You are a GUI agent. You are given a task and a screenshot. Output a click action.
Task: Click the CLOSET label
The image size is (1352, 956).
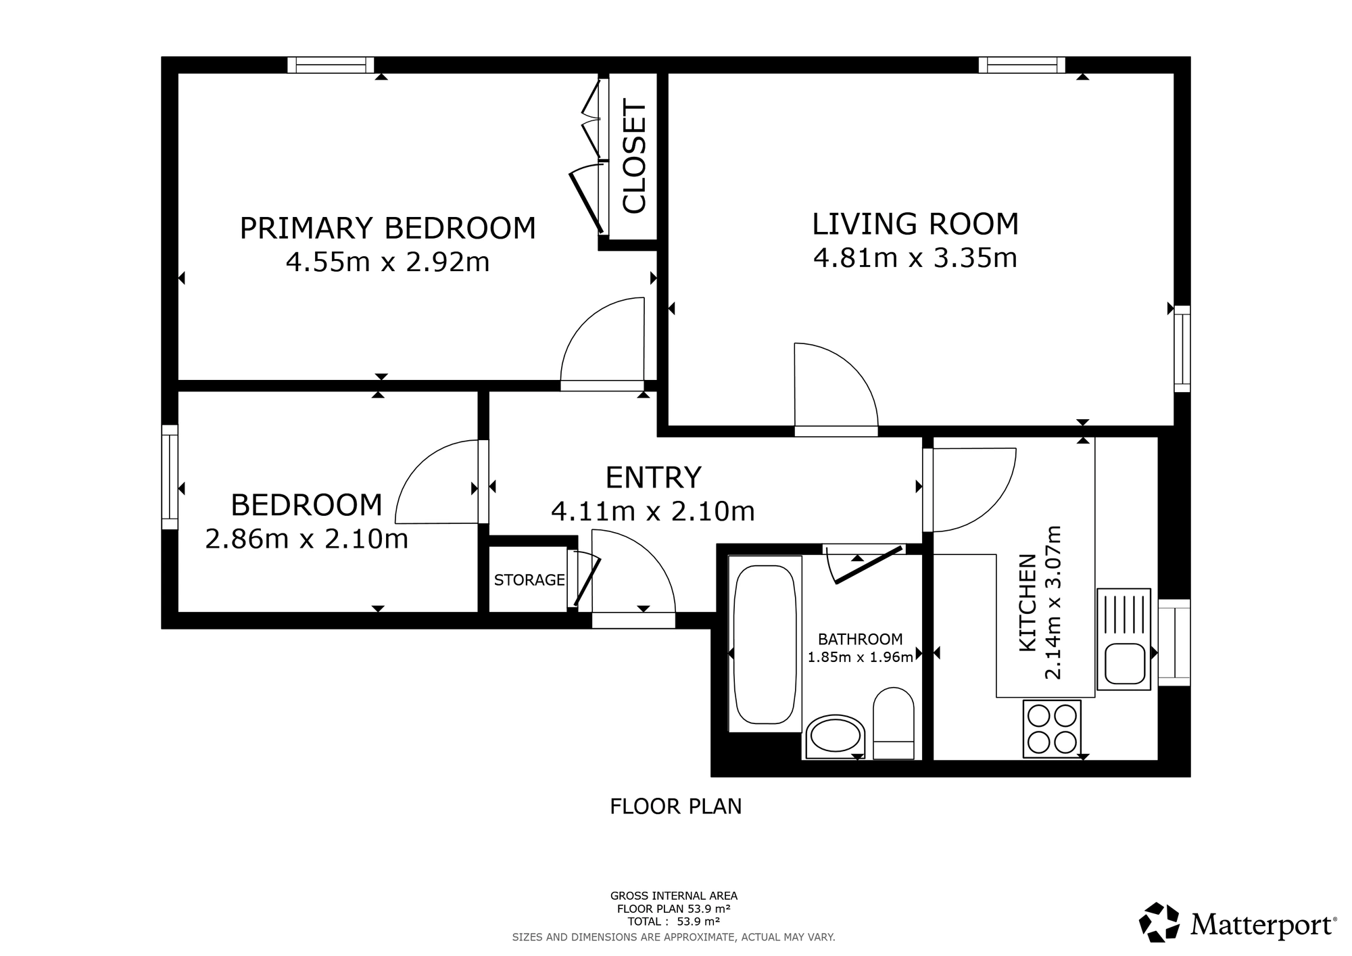634,156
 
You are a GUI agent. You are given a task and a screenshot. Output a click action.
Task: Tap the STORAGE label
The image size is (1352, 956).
529,580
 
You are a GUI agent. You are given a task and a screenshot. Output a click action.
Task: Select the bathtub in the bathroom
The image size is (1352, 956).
765,644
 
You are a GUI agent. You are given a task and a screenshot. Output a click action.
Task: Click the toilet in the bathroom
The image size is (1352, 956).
894,723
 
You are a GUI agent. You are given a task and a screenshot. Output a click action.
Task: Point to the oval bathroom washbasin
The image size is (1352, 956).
836,736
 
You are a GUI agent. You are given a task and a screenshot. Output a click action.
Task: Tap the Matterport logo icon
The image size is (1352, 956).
1160,922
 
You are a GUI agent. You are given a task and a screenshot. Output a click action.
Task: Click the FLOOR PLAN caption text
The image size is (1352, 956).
676,807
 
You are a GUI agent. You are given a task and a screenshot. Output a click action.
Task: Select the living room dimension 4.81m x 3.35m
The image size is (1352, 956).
915,258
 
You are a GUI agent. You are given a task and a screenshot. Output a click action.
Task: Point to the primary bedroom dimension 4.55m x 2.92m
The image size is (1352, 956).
387,262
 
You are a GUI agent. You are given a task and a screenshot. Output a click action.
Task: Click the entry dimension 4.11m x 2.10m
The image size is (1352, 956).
653,511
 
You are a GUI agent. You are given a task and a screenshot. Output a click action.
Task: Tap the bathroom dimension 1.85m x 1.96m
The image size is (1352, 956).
861,656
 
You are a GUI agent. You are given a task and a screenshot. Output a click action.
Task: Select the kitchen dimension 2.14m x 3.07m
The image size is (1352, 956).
1053,602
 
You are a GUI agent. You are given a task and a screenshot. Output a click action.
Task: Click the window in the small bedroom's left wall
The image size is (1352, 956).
170,477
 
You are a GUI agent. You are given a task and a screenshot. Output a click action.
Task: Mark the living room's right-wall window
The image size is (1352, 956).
1182,349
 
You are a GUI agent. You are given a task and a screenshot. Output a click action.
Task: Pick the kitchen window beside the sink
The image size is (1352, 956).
1174,642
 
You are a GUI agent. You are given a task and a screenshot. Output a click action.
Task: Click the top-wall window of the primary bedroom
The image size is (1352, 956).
331,65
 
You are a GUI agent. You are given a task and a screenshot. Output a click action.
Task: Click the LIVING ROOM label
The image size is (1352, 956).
915,224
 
